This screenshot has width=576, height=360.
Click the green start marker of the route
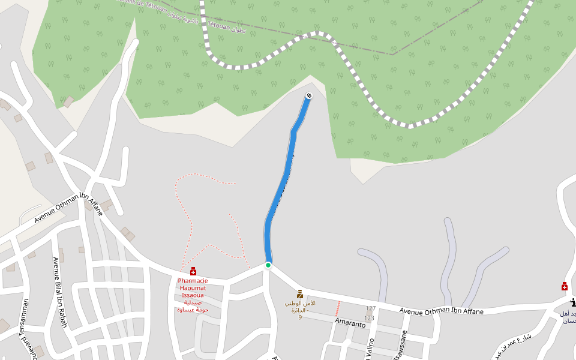pos(268,265)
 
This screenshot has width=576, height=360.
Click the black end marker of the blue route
pos(309,96)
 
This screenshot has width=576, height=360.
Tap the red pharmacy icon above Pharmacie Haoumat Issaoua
pos(193,271)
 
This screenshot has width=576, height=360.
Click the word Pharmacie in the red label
pos(193,281)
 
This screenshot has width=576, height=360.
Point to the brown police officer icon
pos(300,294)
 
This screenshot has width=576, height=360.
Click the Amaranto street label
pos(351,323)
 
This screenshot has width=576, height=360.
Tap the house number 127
pos(370,308)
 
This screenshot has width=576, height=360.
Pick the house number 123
pos(370,318)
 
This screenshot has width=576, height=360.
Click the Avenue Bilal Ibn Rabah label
pos(60,292)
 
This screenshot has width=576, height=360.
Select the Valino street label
pos(370,349)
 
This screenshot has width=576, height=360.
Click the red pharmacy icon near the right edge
pos(565,286)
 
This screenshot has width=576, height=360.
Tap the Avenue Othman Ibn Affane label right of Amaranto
pos(441,311)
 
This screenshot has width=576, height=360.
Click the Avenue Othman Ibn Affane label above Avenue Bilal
pos(68,208)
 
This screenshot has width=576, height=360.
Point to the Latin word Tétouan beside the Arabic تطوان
pos(220,26)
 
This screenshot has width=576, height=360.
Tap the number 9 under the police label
pos(300,317)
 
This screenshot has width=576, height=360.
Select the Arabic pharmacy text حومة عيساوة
pos(193,310)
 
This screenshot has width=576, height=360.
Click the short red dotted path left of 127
pos(338,308)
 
